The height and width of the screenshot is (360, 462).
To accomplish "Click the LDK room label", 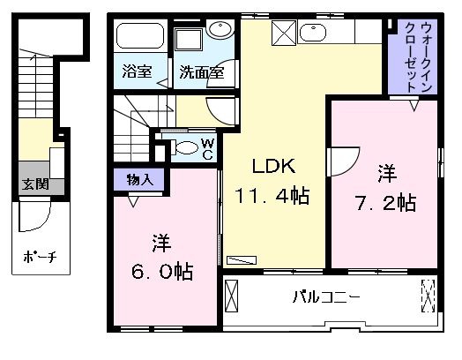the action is click(273, 166).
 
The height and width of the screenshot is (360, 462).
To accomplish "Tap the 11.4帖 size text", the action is click(272, 196).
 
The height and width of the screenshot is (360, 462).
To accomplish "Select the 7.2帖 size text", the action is click(386, 203).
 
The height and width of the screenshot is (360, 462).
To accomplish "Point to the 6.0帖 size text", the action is click(162, 272).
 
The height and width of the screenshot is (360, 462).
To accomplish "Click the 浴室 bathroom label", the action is click(138, 71).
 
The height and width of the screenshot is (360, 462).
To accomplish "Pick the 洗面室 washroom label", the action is click(202, 72).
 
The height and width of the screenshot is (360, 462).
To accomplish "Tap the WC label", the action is click(208, 149).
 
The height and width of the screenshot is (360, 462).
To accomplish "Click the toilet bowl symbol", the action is click(185, 147).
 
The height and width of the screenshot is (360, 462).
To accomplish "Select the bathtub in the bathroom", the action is click(140, 36).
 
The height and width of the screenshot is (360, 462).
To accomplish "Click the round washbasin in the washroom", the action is click(220, 29).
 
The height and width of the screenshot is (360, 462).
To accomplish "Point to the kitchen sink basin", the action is click(313, 32).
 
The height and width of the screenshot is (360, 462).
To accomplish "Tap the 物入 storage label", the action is click(140, 179).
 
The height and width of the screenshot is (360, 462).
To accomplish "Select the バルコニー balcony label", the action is click(326, 296).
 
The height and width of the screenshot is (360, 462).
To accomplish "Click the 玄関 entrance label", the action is click(35, 185).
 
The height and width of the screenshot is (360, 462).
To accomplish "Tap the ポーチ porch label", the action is click(40, 257).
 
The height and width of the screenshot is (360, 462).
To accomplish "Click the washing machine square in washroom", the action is click(189, 40).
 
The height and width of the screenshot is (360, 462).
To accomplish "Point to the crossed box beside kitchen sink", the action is click(284, 33).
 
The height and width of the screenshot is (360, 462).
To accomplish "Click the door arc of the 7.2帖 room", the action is click(352, 168).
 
